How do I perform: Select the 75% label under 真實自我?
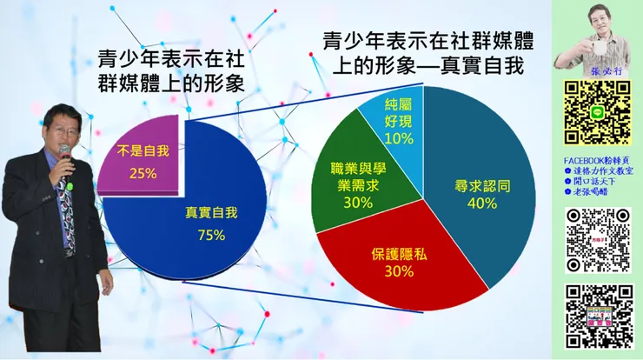click(x=211, y=235)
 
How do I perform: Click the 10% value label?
click(x=399, y=138)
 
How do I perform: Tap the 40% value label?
click(x=482, y=203)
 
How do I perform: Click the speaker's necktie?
click(x=66, y=217)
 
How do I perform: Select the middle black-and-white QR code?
click(x=597, y=241)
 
